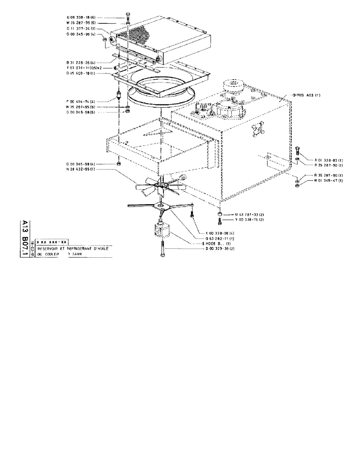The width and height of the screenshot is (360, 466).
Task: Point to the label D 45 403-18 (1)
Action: [x=81, y=73]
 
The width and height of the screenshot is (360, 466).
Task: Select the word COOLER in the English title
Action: [x=58, y=255]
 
